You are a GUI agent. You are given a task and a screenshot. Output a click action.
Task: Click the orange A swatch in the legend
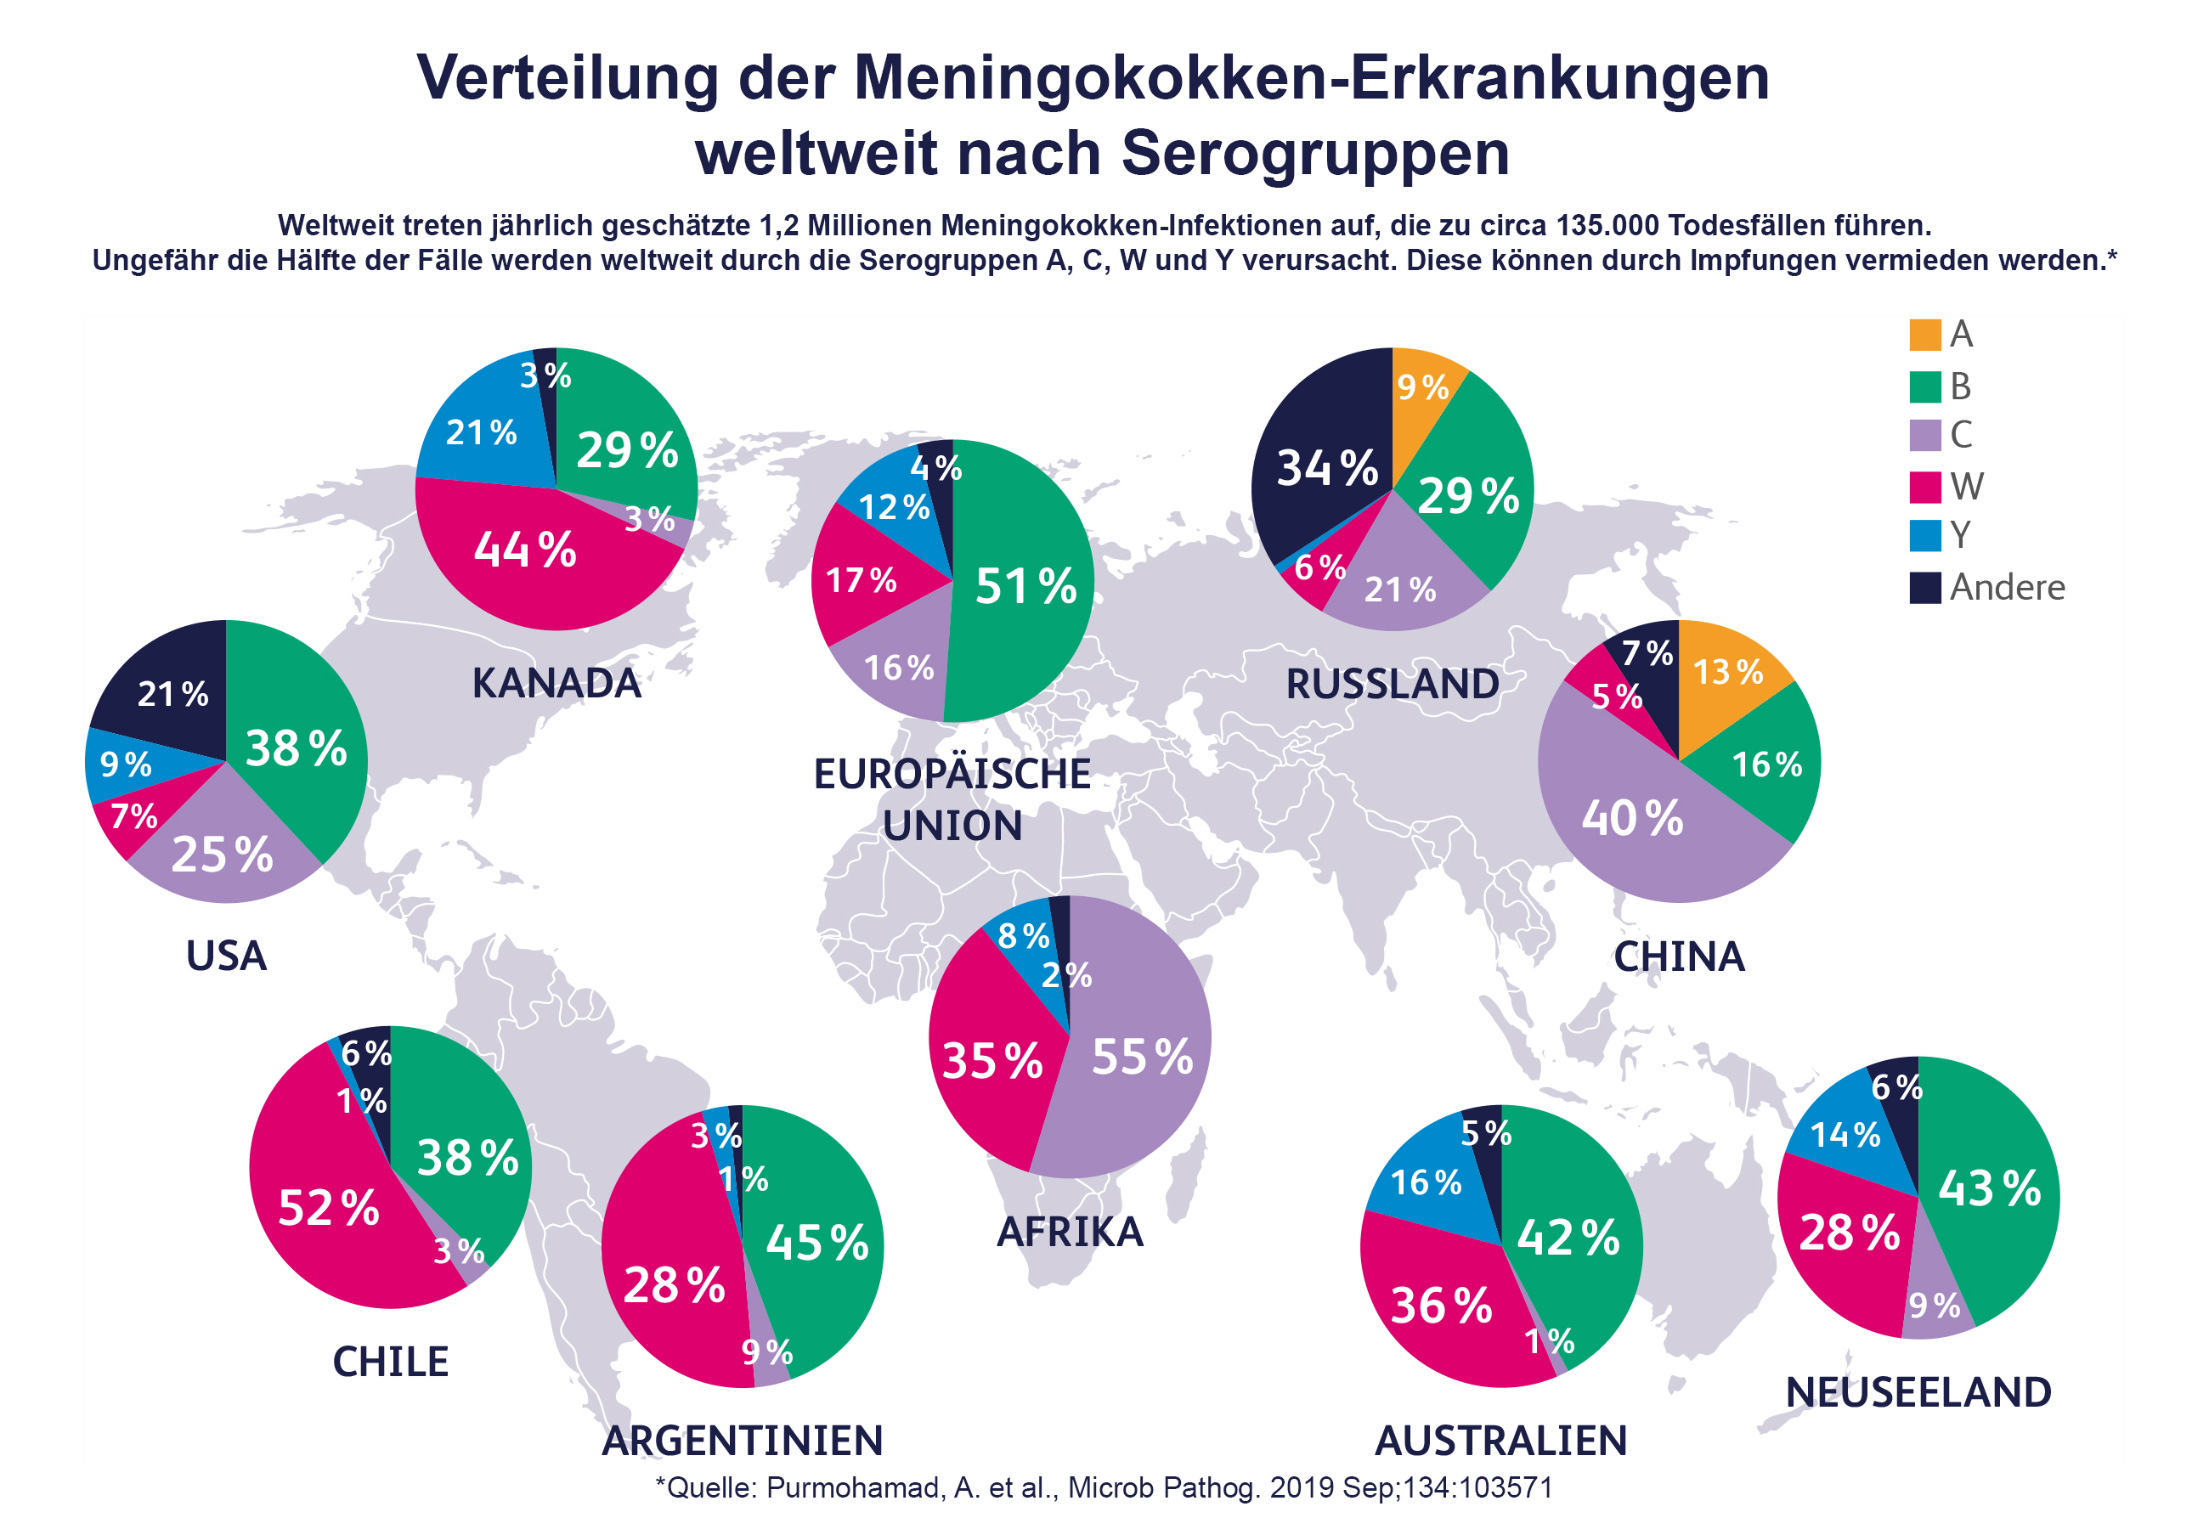click(1924, 336)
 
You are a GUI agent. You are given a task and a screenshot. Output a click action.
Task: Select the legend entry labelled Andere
click(2006, 587)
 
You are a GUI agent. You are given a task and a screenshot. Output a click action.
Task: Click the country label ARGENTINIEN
click(743, 1440)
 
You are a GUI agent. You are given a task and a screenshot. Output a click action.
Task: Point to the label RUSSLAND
click(1392, 684)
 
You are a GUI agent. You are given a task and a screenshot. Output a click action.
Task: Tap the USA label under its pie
click(226, 956)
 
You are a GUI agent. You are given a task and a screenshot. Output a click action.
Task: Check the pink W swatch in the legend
click(1924, 487)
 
